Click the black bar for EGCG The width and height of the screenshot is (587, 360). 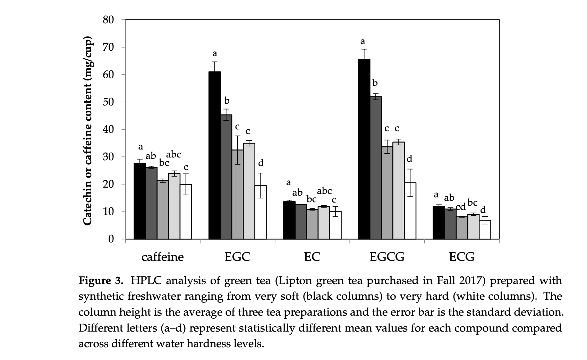pos(364,149)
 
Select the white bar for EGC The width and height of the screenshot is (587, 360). pos(261,212)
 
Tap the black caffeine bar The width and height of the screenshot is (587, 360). pos(140,201)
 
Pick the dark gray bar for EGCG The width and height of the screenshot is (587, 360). pos(376,168)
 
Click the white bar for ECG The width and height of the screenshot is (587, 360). pos(485,230)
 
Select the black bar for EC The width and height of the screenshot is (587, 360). pos(289,220)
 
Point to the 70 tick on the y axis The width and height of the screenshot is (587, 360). pos(109,47)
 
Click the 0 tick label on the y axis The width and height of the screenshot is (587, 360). pos(111,239)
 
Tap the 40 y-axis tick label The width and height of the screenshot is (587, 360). pos(109,129)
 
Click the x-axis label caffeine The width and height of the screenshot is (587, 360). pos(162,257)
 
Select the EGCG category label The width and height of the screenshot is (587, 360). pos(387,257)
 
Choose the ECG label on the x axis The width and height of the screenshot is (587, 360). pos(461,257)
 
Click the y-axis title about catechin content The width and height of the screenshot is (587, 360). pos(88,130)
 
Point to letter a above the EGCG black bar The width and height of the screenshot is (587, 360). pos(363,42)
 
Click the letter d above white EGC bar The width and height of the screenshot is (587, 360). pos(261,163)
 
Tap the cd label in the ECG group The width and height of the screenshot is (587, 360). pos(460,207)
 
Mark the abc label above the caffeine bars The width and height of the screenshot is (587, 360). pos(173,155)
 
